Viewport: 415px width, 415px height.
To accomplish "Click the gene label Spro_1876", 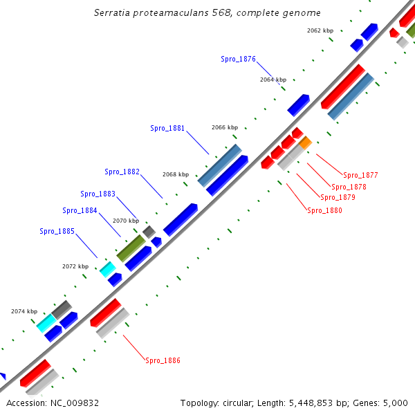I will [x=238, y=59].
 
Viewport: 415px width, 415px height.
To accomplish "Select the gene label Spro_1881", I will [x=167, y=128].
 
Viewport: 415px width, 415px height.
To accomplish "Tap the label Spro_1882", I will [x=122, y=172].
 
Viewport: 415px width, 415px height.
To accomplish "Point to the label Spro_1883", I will [x=98, y=194].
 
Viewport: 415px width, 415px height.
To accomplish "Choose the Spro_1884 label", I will [x=80, y=210].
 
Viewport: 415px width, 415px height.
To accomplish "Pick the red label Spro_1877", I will [x=360, y=175].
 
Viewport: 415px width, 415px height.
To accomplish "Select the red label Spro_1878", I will [x=349, y=187].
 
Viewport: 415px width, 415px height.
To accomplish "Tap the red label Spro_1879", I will [x=338, y=198].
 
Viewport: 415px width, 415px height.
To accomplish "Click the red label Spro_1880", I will [x=324, y=210].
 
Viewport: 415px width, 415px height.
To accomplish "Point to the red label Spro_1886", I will [x=163, y=360].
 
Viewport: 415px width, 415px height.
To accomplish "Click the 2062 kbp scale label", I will [x=320, y=31].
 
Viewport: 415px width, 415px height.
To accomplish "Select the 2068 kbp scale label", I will [x=176, y=174].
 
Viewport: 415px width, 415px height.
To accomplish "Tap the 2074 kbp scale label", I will [x=24, y=311].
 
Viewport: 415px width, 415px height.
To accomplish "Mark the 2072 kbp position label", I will [x=75, y=266].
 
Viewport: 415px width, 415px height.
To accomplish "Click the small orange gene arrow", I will [x=305, y=142].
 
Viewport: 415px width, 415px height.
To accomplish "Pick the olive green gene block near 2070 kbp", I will [x=131, y=248].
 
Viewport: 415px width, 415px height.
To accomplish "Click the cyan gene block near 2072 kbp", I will [x=107, y=269].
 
